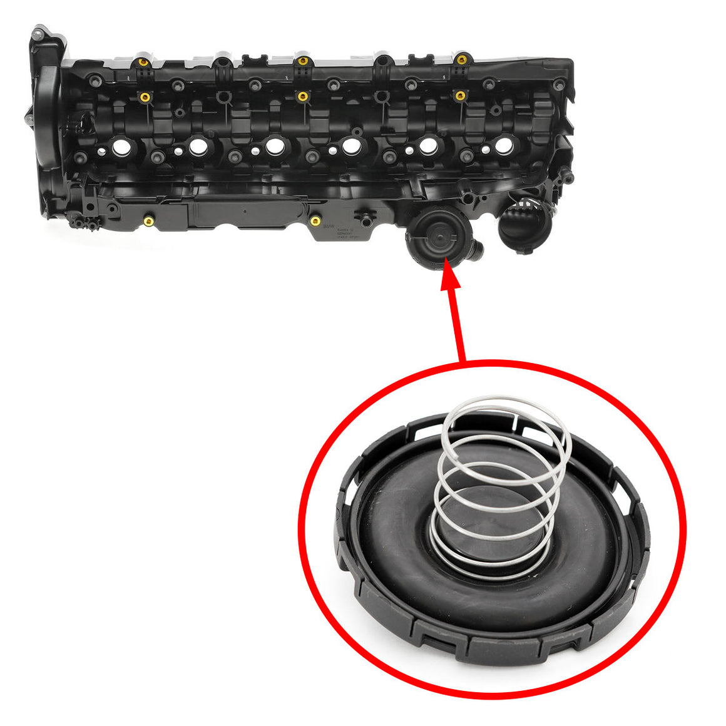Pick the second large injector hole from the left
tap(198, 147)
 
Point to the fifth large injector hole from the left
tap(428, 146)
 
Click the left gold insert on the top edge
tap(143, 63)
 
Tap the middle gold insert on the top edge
tap(302, 61)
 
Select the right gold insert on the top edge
tap(461, 60)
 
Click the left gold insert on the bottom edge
tap(149, 221)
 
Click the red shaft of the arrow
tap(457, 325)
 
